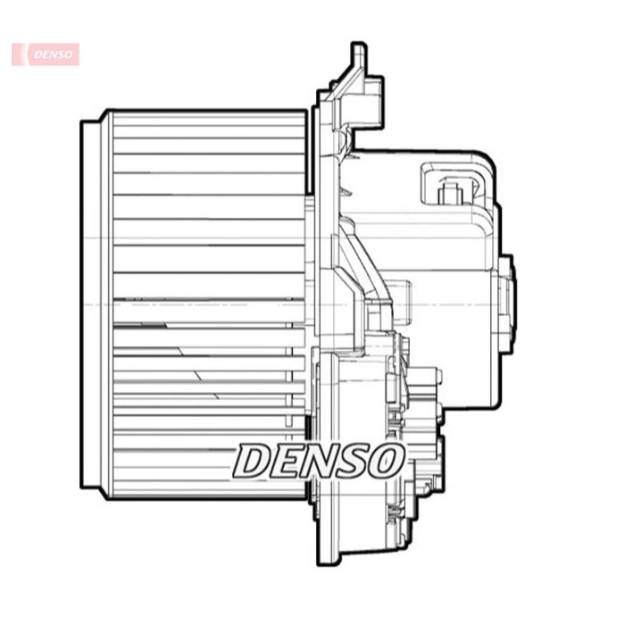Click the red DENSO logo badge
click(x=46, y=54)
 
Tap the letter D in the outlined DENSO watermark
click(x=254, y=461)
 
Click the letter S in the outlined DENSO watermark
click(x=351, y=461)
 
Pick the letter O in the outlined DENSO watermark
click(x=385, y=461)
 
